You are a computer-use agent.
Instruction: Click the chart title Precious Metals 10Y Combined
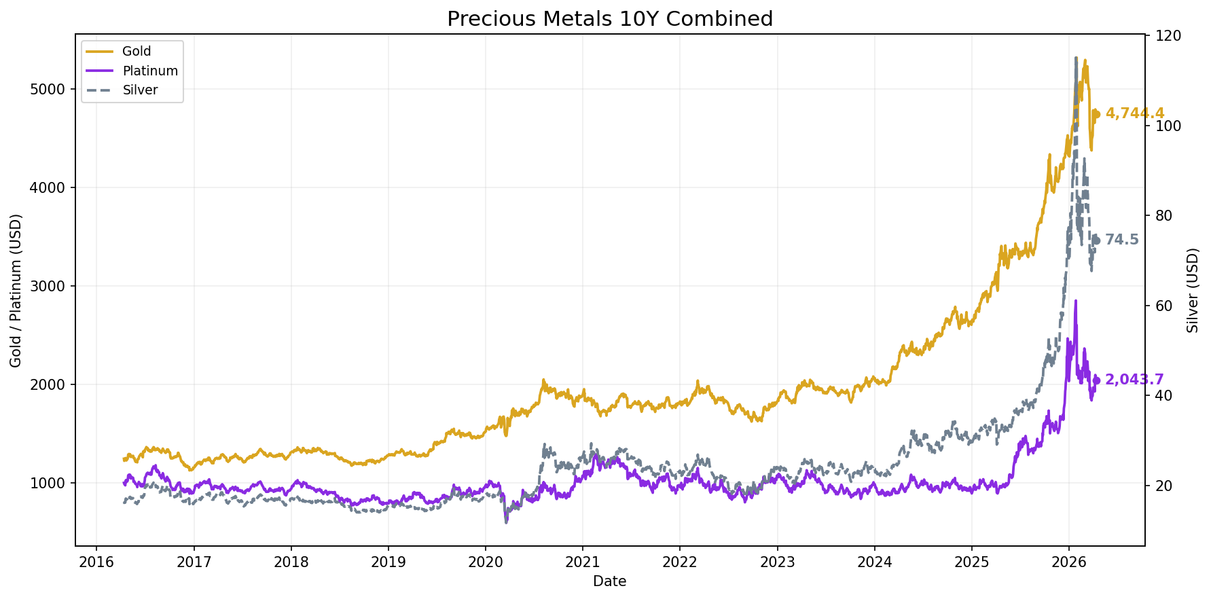[609, 19]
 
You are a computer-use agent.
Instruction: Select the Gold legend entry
[137, 52]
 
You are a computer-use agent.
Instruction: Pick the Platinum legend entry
[150, 71]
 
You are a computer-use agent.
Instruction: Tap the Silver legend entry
[140, 90]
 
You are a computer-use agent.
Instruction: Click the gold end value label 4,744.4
[1134, 113]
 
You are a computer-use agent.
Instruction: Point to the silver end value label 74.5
[1121, 240]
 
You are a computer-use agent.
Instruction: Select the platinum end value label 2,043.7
[1134, 380]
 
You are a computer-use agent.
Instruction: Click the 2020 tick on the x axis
[486, 562]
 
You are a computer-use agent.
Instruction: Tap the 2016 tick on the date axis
[96, 562]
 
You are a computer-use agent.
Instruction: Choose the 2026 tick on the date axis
[1069, 562]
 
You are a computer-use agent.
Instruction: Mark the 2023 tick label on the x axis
[777, 562]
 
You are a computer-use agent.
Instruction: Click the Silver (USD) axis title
[1193, 290]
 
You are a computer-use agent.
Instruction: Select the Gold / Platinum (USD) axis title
[16, 290]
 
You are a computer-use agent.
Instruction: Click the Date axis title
[609, 581]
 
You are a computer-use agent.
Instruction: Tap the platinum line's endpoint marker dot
[1096, 380]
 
